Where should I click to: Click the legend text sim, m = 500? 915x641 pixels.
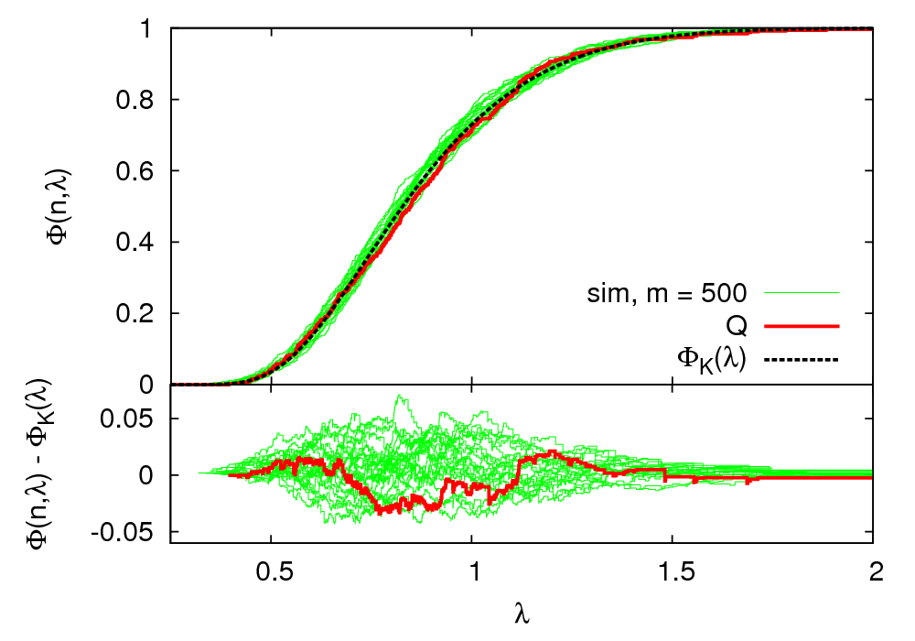(667, 294)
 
